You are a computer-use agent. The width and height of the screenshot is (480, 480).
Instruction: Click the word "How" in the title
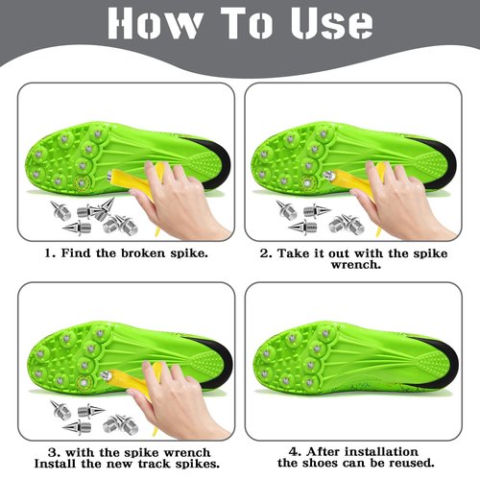tap(155, 23)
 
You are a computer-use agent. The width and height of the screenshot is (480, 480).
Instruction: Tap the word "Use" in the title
tap(332, 23)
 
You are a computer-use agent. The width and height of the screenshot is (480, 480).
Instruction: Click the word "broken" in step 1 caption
tap(143, 253)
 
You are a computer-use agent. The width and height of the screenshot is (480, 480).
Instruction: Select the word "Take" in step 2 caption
tap(293, 253)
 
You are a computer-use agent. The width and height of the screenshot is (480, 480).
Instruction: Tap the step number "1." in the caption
tap(51, 253)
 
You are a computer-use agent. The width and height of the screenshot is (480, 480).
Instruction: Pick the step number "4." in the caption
tap(295, 452)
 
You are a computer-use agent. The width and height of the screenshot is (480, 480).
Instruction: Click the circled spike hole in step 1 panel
tap(83, 182)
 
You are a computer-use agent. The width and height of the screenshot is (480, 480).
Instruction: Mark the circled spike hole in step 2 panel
tap(307, 183)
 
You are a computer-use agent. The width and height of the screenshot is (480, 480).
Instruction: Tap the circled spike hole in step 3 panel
tap(84, 382)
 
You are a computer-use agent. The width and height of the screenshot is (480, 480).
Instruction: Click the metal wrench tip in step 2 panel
tap(328, 176)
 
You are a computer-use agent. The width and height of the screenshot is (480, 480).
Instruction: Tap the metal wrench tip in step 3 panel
tap(106, 375)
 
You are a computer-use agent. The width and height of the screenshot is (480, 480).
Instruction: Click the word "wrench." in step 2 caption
tap(356, 265)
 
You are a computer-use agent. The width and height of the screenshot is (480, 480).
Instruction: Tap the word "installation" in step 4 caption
tap(381, 452)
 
